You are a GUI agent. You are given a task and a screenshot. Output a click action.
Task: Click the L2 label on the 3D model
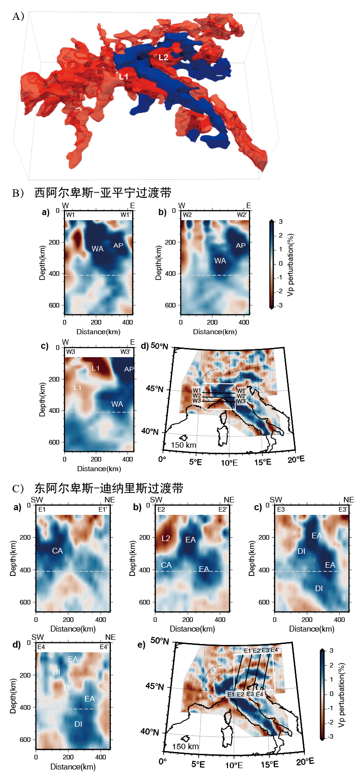click(x=164, y=57)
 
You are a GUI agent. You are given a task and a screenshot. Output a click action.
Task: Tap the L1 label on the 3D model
click(x=124, y=76)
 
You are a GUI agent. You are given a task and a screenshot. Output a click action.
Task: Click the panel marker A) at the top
click(x=18, y=17)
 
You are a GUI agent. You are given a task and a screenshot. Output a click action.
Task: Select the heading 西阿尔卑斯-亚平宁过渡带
click(x=103, y=193)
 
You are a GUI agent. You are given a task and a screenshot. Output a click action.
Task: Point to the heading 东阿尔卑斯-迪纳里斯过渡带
click(x=109, y=488)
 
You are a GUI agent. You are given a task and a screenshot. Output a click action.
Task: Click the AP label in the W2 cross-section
click(x=240, y=245)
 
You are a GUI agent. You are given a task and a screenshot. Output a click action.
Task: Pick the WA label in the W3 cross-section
click(x=117, y=404)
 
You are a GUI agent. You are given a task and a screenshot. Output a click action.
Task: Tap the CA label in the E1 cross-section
click(x=57, y=551)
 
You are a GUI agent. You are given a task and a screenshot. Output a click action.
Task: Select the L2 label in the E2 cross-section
click(x=166, y=538)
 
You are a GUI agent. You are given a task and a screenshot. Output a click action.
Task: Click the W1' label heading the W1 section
click(x=126, y=215)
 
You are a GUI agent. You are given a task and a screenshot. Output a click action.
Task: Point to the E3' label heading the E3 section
click(x=343, y=509)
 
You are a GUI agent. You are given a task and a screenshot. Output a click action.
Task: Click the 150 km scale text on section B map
click(x=183, y=445)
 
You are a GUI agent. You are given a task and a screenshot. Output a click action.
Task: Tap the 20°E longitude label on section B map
click(x=296, y=459)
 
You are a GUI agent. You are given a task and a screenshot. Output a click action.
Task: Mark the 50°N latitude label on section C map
click(x=160, y=641)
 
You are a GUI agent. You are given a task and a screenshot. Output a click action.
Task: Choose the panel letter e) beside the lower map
click(x=141, y=644)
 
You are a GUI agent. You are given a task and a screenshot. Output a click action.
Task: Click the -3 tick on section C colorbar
click(x=331, y=736)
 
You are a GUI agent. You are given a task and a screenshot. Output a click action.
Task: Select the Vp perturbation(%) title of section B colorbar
click(x=290, y=265)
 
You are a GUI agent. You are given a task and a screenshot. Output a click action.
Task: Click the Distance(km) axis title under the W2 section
click(x=215, y=331)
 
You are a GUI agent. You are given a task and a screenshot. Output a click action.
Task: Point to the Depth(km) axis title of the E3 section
click(x=251, y=558)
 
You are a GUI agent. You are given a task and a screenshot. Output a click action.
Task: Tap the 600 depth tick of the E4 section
click(x=25, y=740)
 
